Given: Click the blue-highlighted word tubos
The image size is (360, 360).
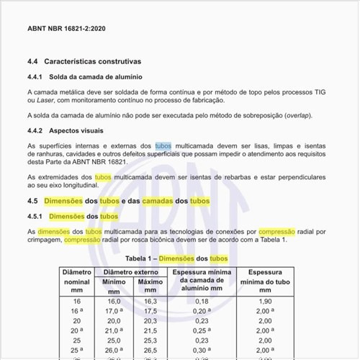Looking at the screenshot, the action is tap(163, 145).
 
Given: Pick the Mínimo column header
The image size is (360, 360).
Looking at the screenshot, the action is tap(114, 282).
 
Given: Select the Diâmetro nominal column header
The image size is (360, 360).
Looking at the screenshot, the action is tap(76, 282).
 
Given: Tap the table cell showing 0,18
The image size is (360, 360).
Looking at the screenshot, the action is tap(201, 301).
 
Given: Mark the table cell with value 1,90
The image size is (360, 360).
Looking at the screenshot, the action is tap(264, 301).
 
